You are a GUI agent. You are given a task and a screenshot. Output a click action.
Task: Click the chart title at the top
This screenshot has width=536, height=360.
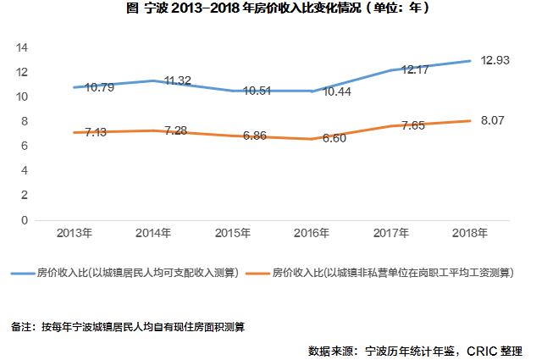click(x=268, y=9)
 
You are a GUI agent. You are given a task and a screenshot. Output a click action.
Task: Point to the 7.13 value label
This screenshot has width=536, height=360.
click(x=90, y=134)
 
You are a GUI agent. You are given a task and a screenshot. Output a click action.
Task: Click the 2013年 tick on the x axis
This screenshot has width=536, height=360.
click(x=75, y=232)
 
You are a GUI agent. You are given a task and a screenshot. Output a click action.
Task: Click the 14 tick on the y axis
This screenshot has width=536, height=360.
click(x=23, y=47)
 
